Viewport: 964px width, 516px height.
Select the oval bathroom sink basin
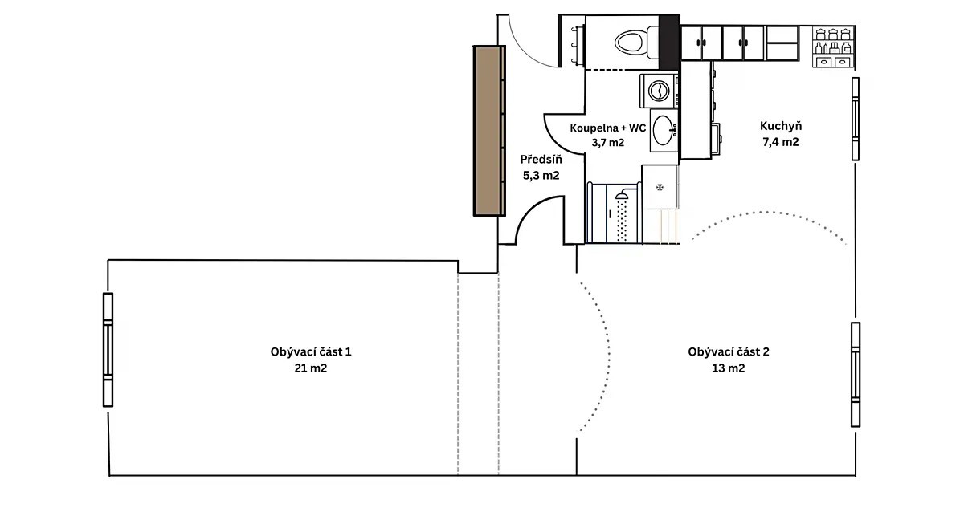(x=663, y=130)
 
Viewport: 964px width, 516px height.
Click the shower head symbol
(x=622, y=196)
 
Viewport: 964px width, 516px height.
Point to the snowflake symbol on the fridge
(x=660, y=187)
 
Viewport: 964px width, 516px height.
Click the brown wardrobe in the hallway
(x=489, y=131)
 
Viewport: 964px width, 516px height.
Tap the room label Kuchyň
(x=781, y=126)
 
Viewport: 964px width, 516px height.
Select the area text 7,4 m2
(x=781, y=142)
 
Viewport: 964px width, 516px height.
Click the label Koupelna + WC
(x=607, y=128)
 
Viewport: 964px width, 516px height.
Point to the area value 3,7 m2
(x=607, y=142)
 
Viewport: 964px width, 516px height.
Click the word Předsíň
(x=541, y=159)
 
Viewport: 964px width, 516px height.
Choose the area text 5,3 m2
(x=541, y=176)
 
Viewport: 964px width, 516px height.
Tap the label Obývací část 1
(x=311, y=351)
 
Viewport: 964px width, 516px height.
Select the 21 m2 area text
(x=311, y=368)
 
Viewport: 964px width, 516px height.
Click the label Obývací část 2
(x=728, y=351)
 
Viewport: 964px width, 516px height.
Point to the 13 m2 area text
(x=728, y=368)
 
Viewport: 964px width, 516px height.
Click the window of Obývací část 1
(x=108, y=350)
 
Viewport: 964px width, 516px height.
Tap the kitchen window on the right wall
(x=856, y=119)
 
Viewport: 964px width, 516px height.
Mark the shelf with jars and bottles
(x=833, y=47)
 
